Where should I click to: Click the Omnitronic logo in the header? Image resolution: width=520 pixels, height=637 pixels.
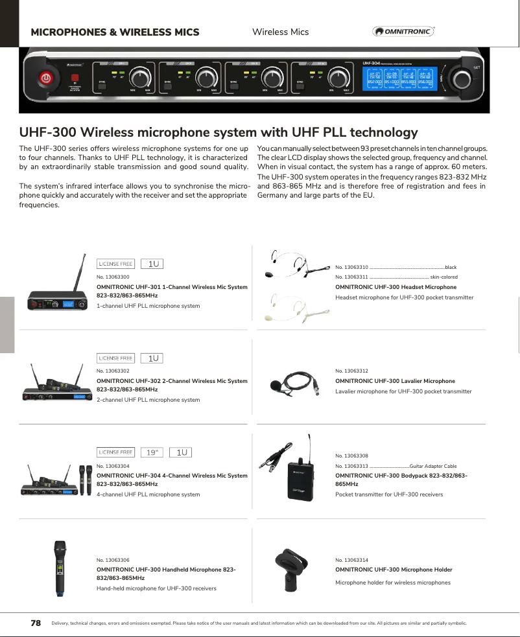tap(403, 32)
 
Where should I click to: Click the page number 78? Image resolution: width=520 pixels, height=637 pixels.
tap(36, 623)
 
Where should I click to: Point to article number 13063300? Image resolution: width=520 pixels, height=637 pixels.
tap(113, 277)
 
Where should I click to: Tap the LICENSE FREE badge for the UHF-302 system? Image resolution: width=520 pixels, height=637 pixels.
tap(115, 358)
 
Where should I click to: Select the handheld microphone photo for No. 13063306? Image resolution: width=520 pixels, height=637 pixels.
tap(60, 568)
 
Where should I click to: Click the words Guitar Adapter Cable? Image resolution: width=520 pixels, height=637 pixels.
tap(433, 466)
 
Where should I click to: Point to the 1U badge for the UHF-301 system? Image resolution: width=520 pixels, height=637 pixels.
tap(153, 264)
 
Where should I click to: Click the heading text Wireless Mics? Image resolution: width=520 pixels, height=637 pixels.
tap(280, 32)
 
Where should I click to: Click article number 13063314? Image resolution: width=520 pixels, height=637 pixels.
tap(351, 559)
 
